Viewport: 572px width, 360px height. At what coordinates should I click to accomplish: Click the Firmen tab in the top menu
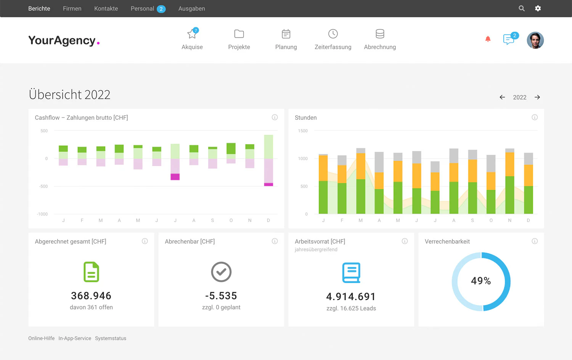coord(72,8)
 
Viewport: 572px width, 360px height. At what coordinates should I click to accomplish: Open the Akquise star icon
coord(192,34)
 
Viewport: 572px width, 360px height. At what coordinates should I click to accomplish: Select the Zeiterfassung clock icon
coord(333,34)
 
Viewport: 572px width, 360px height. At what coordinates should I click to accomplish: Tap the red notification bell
coord(488,39)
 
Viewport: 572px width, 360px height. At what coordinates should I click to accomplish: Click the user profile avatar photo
coord(535,40)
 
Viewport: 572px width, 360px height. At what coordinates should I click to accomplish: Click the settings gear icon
coord(538,8)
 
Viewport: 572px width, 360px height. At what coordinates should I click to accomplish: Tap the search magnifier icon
coord(522,8)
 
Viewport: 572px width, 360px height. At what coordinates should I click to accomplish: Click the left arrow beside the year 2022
coord(502,97)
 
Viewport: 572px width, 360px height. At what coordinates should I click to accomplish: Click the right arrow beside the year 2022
coord(537,97)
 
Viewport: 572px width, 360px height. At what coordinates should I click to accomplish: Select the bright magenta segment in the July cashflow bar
coord(175,177)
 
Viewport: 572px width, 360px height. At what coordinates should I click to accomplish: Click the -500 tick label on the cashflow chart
coord(43,186)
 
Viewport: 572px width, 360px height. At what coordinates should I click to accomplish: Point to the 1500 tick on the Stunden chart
coord(303,131)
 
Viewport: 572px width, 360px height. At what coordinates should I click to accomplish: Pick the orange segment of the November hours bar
coord(509,164)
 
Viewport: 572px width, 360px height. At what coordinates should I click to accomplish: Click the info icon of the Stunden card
coord(535,117)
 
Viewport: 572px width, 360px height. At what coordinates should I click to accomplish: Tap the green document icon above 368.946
coord(91,272)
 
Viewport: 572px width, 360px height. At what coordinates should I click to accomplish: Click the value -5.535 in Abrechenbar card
coord(221,296)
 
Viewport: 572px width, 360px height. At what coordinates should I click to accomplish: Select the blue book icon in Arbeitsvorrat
coord(351,273)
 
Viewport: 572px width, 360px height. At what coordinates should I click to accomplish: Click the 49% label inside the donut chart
coord(481,281)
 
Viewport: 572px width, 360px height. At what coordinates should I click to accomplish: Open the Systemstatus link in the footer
coord(111,338)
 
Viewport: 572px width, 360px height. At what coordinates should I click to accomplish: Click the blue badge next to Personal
coord(161,9)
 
